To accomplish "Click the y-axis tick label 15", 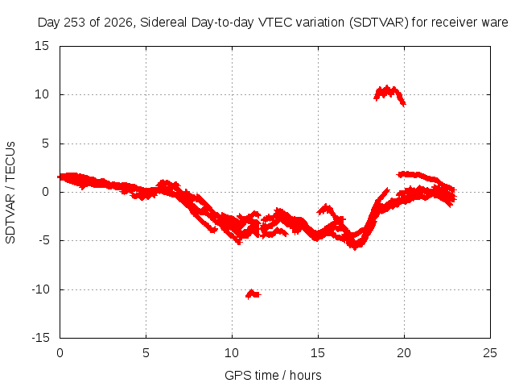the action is [42, 46].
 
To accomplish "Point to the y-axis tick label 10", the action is [42, 95].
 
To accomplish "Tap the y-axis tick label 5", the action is [45, 144].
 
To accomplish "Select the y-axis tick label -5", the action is [43, 240].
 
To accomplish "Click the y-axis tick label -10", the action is [40, 289].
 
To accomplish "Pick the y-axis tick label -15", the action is [40, 338].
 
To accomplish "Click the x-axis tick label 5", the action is [146, 353].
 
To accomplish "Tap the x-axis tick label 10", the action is [232, 353].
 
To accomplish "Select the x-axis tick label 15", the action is [318, 353].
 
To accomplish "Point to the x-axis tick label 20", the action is [404, 353].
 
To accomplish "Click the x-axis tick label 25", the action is [490, 353].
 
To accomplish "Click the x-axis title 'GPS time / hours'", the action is [273, 376].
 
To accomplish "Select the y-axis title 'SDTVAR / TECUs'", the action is [10, 193].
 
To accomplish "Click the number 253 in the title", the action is [74, 23].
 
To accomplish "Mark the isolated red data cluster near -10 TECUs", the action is [253, 294].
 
